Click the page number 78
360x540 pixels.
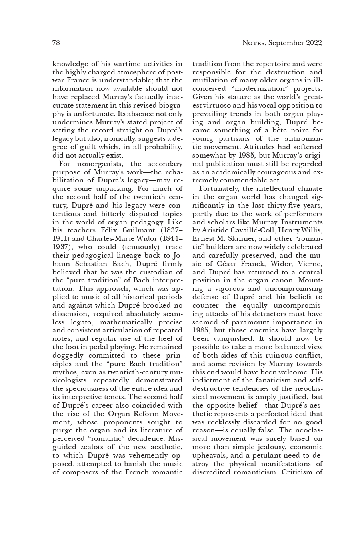point(56,43)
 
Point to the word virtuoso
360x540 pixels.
point(217,106)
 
